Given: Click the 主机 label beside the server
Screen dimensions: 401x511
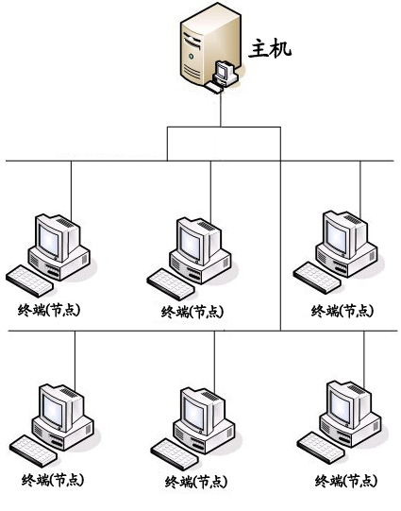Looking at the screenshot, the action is [x=270, y=49].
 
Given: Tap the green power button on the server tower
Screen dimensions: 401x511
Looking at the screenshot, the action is [x=191, y=56].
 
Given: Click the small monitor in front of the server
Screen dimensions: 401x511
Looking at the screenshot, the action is [x=225, y=71].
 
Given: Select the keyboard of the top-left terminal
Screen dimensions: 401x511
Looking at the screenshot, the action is [x=29, y=281].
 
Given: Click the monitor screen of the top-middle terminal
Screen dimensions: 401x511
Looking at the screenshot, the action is [x=192, y=242].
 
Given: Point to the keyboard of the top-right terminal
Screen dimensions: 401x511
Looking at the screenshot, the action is [x=317, y=278].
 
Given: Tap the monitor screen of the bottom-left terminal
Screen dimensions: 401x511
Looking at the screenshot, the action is [x=52, y=410].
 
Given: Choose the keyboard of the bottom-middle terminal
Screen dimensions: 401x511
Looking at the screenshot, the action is [x=175, y=454].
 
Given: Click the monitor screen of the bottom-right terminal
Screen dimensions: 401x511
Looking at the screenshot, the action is [x=340, y=405].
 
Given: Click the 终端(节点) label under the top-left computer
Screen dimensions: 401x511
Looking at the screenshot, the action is [x=49, y=310].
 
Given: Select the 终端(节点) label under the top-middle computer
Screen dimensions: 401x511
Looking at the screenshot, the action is [x=193, y=312].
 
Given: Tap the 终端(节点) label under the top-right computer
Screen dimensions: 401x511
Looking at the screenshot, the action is [x=343, y=311].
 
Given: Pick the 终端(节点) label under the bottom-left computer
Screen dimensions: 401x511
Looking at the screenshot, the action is [x=53, y=480].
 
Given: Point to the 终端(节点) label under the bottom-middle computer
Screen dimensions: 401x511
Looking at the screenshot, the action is [x=196, y=482].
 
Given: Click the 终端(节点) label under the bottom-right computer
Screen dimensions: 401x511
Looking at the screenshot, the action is [x=346, y=481].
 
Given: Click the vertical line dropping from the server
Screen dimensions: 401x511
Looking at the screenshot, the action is [x=221, y=109].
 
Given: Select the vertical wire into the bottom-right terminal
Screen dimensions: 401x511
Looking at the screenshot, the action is [x=364, y=359].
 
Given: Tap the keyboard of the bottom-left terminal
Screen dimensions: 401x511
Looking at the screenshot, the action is [x=33, y=451].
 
